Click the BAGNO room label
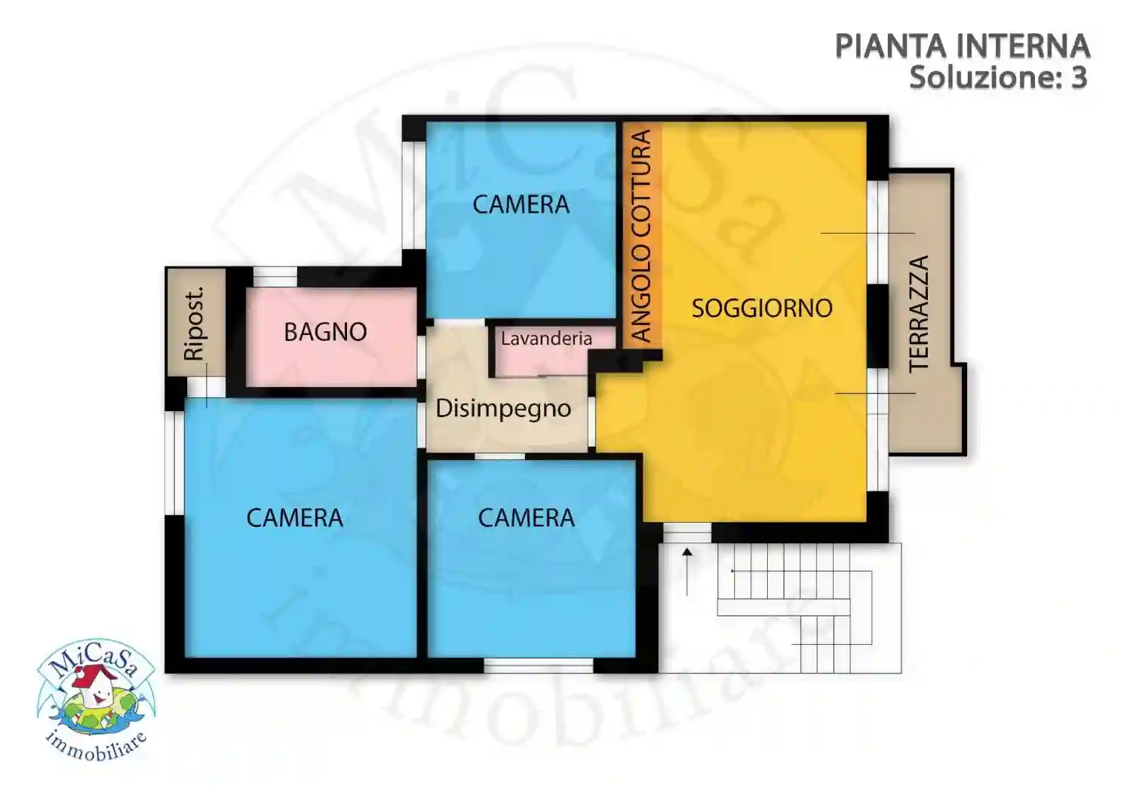(x=325, y=332)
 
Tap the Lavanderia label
(x=546, y=339)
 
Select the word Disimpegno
(x=503, y=409)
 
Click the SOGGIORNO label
(x=762, y=308)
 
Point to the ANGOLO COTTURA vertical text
(x=640, y=235)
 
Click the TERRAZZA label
(x=918, y=313)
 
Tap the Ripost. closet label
(x=195, y=323)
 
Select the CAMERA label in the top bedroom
(x=521, y=204)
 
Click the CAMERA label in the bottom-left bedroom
(x=294, y=517)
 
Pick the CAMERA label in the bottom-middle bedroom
(x=526, y=517)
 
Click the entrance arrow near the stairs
(x=687, y=571)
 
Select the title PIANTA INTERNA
(x=962, y=47)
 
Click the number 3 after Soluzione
(x=1079, y=78)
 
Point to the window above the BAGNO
(x=275, y=277)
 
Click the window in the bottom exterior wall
(x=538, y=665)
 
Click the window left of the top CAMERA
(x=413, y=195)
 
